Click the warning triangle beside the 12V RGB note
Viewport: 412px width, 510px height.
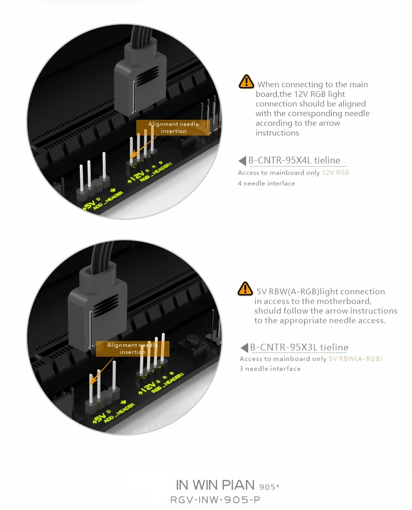click(246, 82)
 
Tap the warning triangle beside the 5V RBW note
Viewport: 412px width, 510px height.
click(245, 289)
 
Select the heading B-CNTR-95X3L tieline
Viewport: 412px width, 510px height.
click(299, 347)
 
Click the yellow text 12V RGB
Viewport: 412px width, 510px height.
click(335, 173)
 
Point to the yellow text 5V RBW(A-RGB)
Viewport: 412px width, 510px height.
click(355, 359)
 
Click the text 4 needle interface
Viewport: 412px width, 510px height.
click(266, 183)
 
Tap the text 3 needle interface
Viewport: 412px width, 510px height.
click(270, 369)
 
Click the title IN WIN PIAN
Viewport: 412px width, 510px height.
click(215, 485)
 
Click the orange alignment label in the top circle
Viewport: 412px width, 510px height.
click(173, 128)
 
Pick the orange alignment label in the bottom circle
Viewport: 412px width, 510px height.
click(132, 349)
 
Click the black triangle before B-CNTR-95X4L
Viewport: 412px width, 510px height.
click(243, 160)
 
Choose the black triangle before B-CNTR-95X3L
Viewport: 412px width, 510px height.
click(244, 347)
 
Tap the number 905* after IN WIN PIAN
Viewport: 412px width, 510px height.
click(269, 487)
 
